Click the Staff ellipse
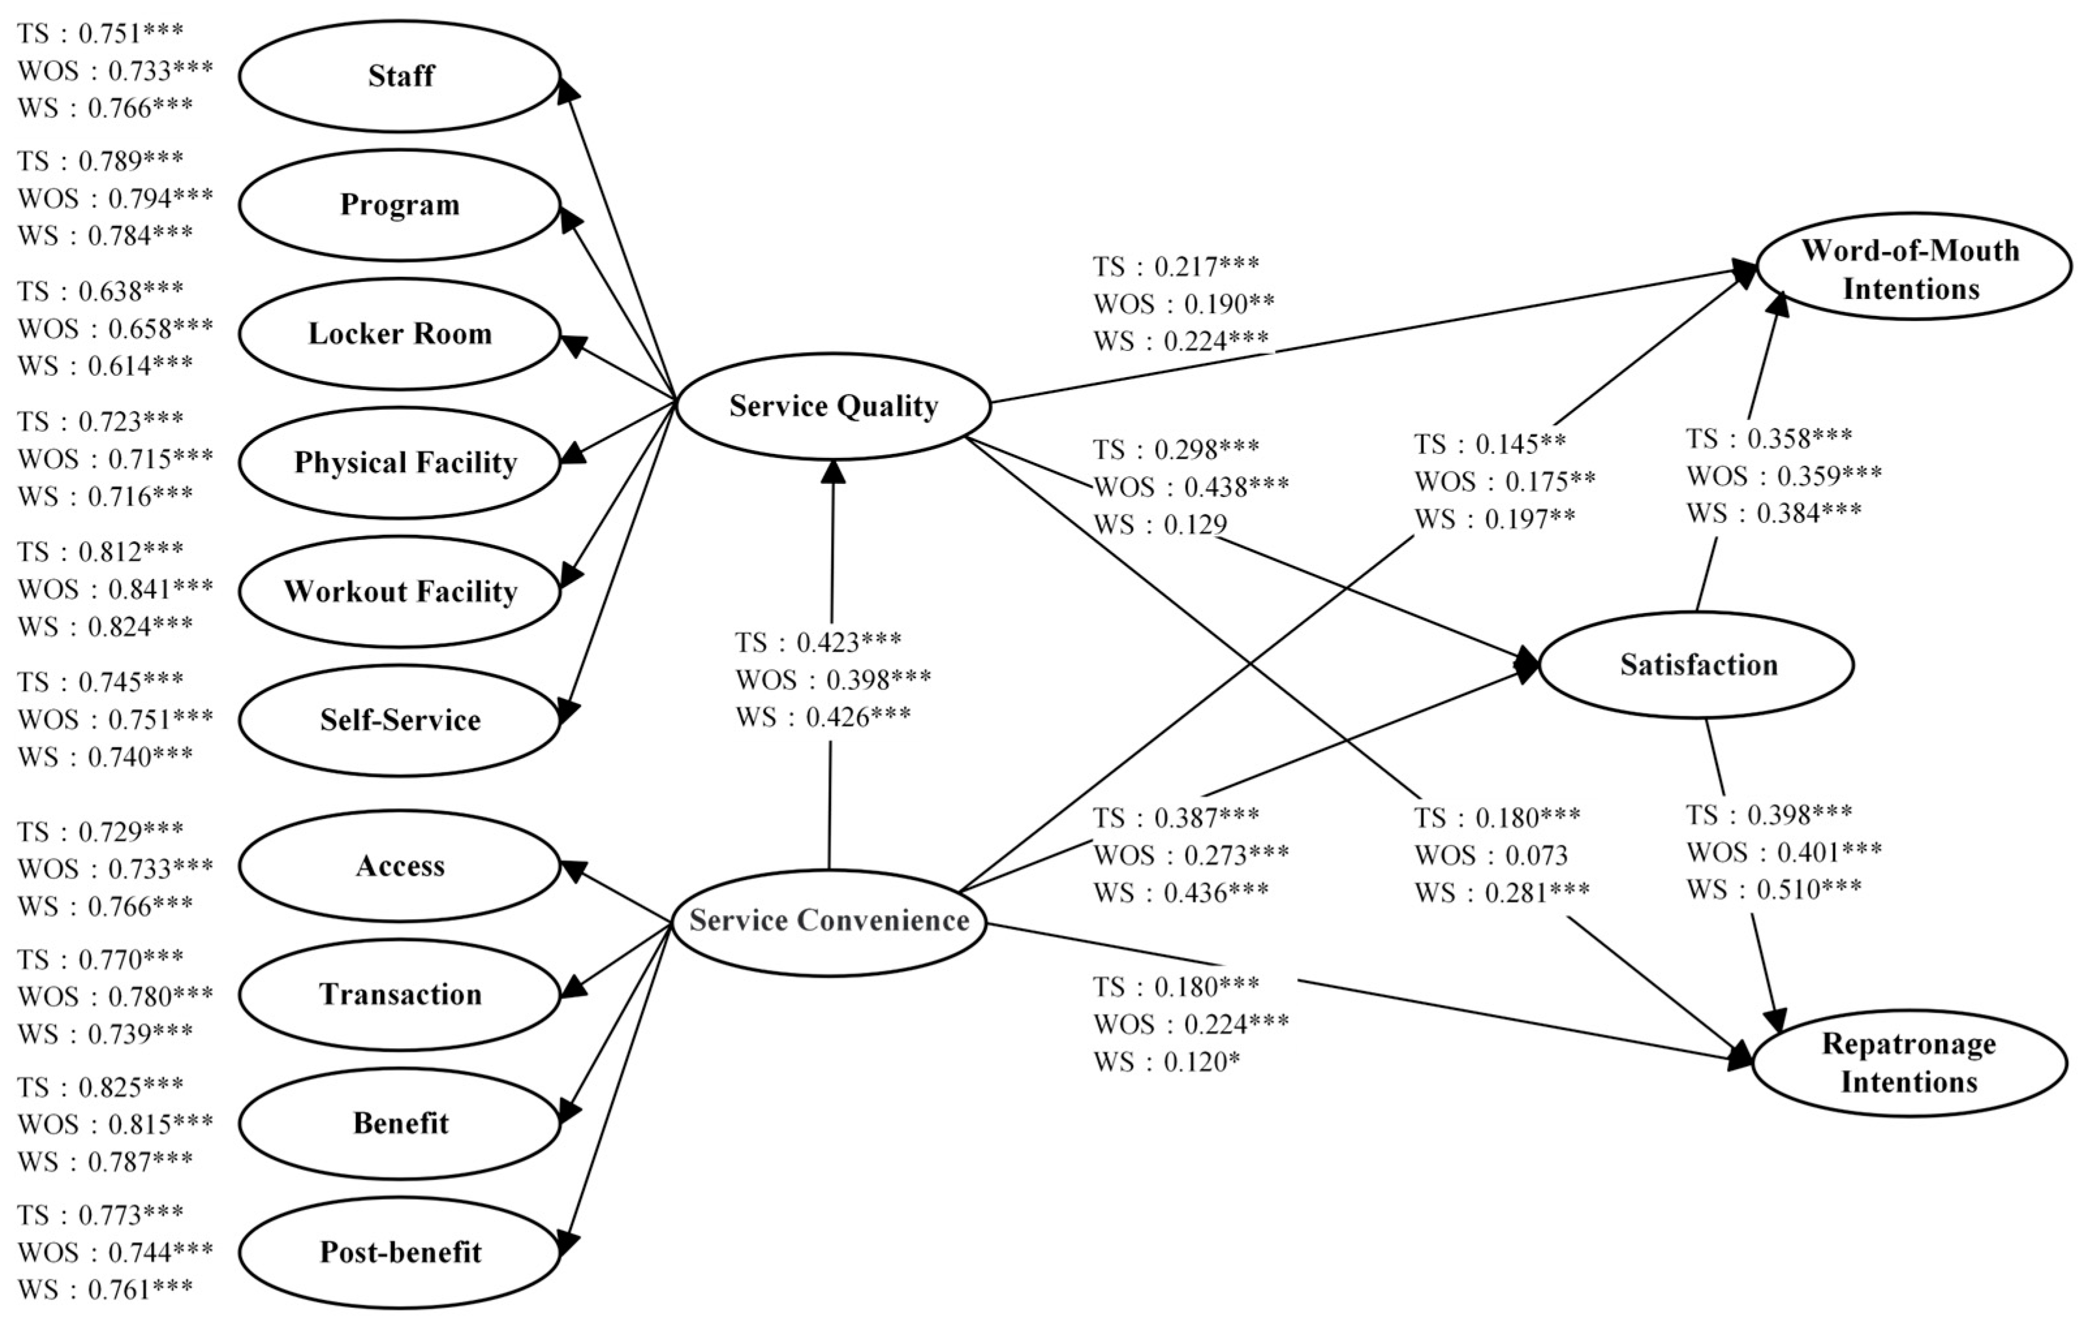[x=399, y=76]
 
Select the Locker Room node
[x=399, y=334]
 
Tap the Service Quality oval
[x=833, y=406]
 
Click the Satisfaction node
[x=1698, y=666]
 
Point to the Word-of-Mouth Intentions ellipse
[x=1911, y=269]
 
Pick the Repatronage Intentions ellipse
[x=1909, y=1063]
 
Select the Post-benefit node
[x=399, y=1252]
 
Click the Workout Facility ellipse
[x=399, y=592]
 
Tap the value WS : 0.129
[x=1160, y=525]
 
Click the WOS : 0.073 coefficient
[x=1491, y=857]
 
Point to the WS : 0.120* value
[x=1166, y=1063]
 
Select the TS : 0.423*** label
[x=818, y=643]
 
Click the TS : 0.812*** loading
[x=101, y=552]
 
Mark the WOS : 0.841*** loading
[x=115, y=590]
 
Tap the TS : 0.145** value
[x=1489, y=444]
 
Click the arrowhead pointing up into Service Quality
[x=833, y=471]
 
